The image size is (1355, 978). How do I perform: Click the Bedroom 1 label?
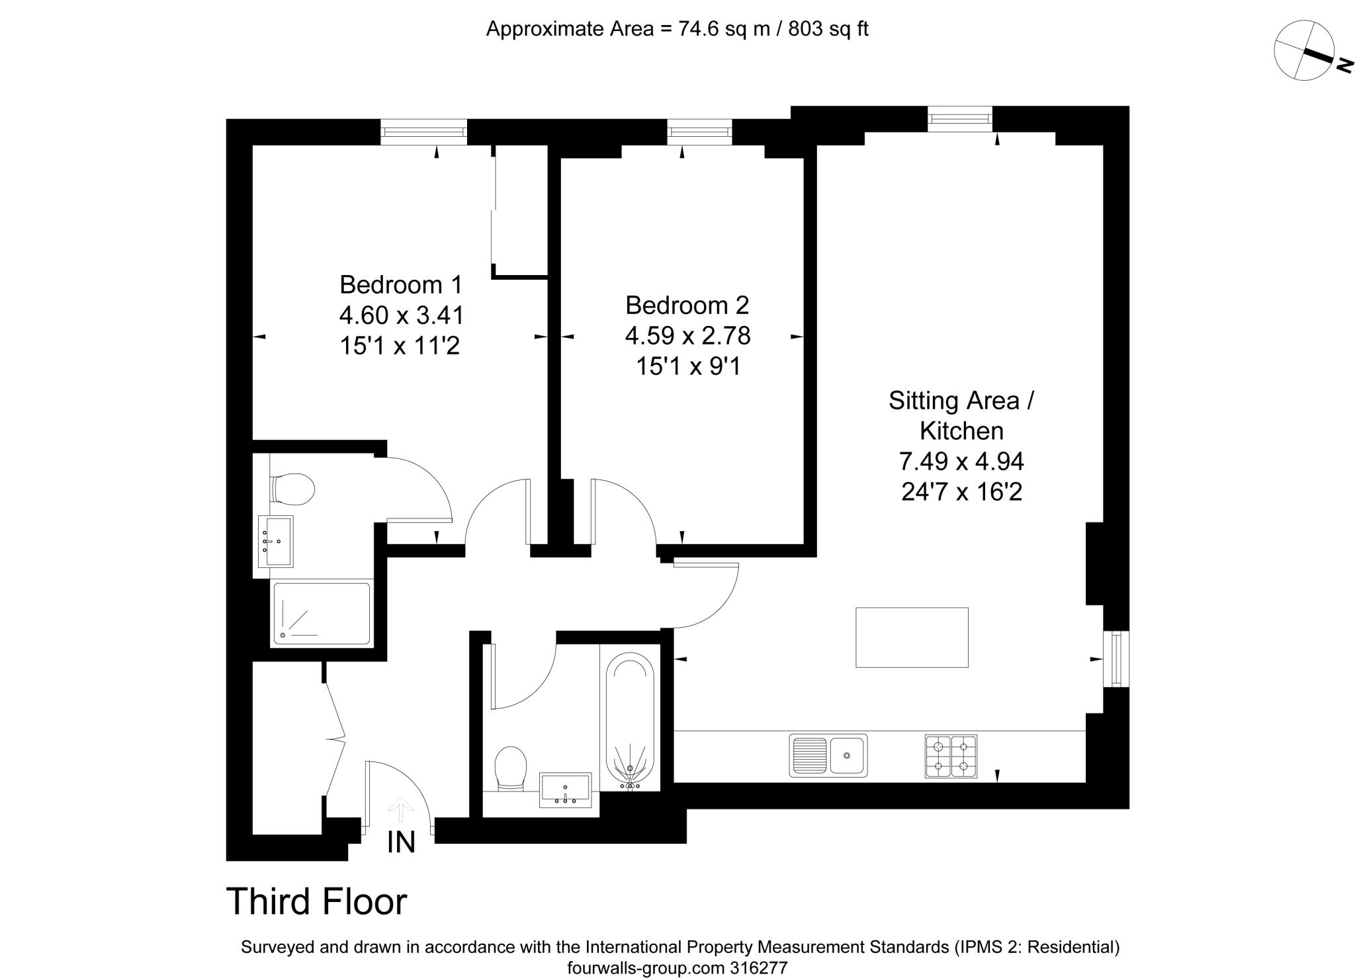click(400, 285)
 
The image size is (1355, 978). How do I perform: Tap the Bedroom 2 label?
click(687, 306)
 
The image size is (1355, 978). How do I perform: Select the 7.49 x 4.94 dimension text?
click(961, 461)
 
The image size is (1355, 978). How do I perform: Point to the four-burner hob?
click(950, 756)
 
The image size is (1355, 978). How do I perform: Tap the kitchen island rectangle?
click(911, 637)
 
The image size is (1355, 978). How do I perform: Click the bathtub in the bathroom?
click(630, 721)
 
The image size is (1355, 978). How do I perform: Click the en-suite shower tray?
click(322, 613)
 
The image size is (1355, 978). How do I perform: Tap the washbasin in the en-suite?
click(275, 542)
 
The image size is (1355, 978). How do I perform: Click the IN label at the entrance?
click(401, 842)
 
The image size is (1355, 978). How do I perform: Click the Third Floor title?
click(316, 901)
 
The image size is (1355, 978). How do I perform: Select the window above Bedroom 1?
click(423, 132)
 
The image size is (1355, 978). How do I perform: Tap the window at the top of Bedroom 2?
click(699, 132)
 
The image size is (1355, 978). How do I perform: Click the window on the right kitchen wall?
click(1116, 659)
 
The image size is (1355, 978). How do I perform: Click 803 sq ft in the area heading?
click(828, 29)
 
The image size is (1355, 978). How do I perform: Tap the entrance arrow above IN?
click(401, 809)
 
